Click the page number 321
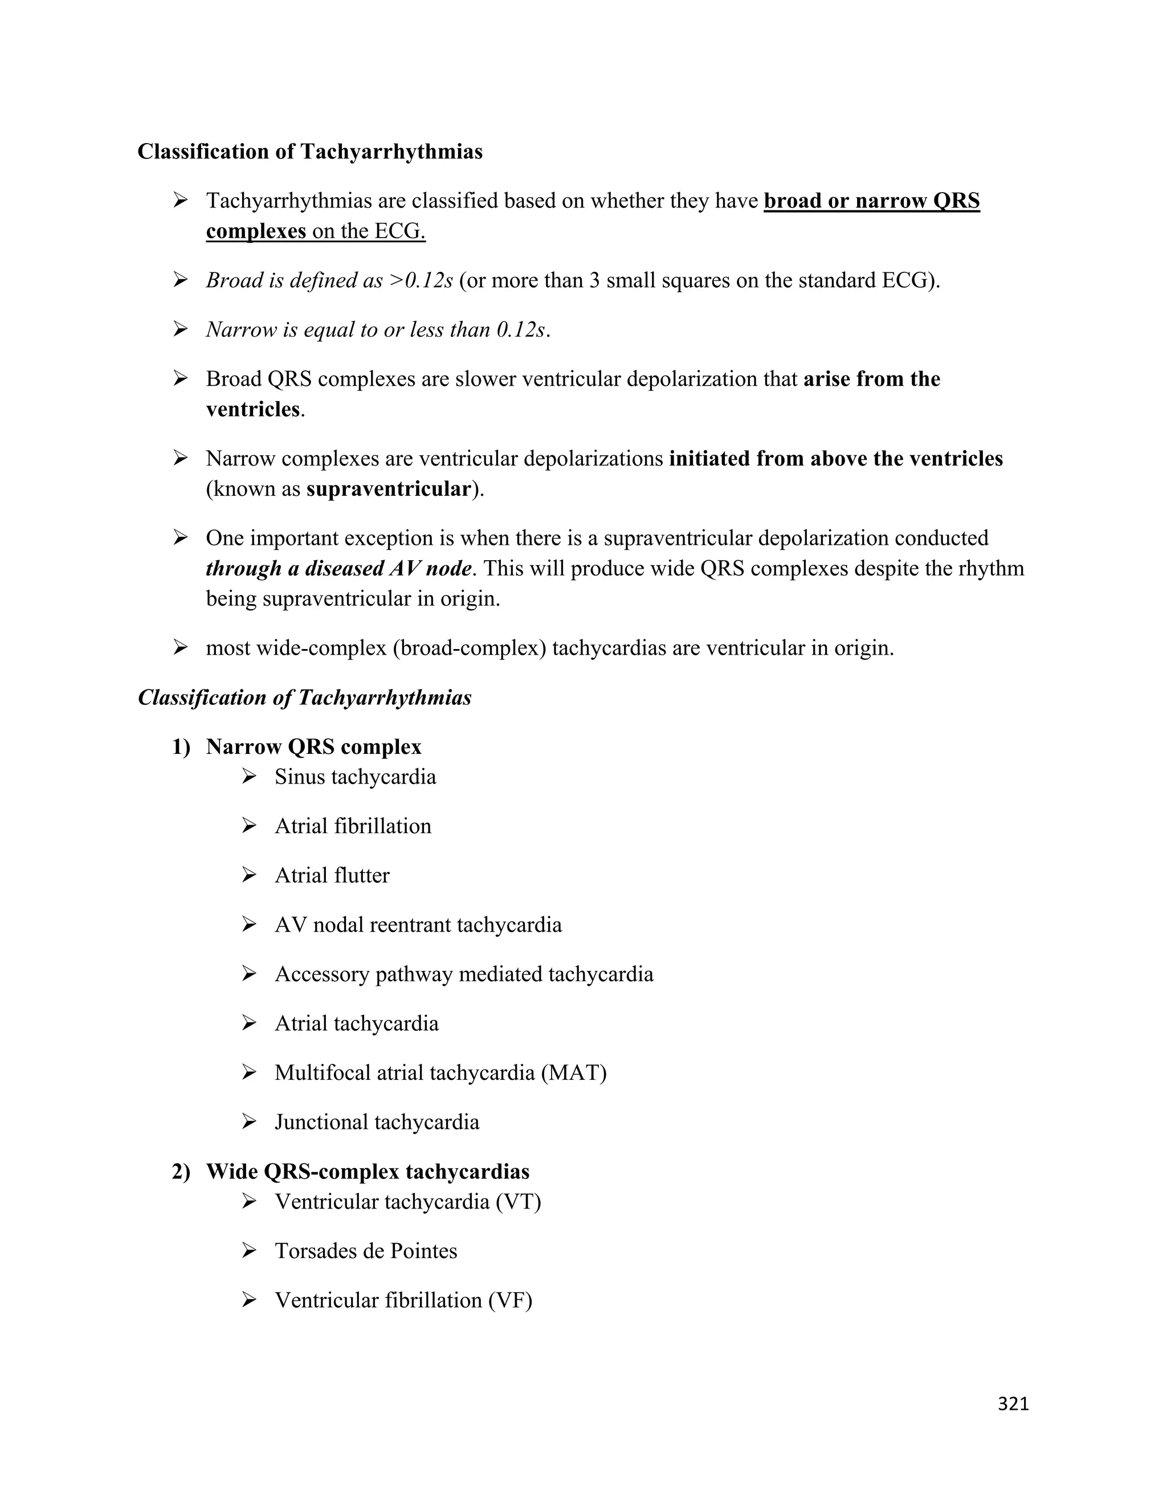1013,1403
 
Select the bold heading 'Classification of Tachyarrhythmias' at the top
310,152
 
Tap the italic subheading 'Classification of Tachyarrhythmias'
304,697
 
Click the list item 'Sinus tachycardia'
356,777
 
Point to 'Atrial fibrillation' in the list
353,826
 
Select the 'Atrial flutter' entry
332,876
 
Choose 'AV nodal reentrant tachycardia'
418,925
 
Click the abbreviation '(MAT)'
574,1073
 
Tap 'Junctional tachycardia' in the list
377,1122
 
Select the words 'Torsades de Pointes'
366,1251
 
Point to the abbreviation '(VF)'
510,1300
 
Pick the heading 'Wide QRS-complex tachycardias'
367,1172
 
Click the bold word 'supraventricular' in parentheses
389,489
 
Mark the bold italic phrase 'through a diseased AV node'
339,568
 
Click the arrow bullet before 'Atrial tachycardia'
250,1023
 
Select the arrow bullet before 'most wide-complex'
181,648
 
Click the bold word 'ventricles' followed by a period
252,409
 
